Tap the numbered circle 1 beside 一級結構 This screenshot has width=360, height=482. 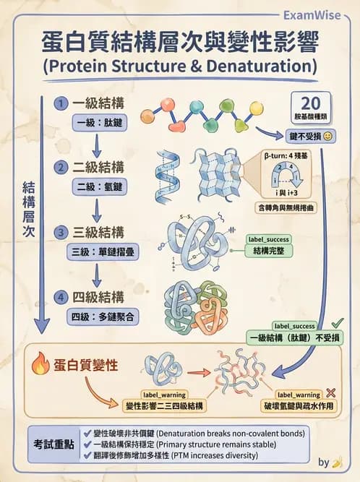[x=63, y=103]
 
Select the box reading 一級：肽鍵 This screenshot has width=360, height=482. [x=99, y=122]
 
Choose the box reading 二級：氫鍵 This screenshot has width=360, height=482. [x=99, y=187]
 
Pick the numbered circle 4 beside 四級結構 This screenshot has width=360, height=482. [x=63, y=297]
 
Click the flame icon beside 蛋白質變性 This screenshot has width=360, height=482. [x=40, y=366]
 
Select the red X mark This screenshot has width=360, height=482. [x=330, y=392]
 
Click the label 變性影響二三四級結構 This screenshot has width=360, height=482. [x=164, y=405]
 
